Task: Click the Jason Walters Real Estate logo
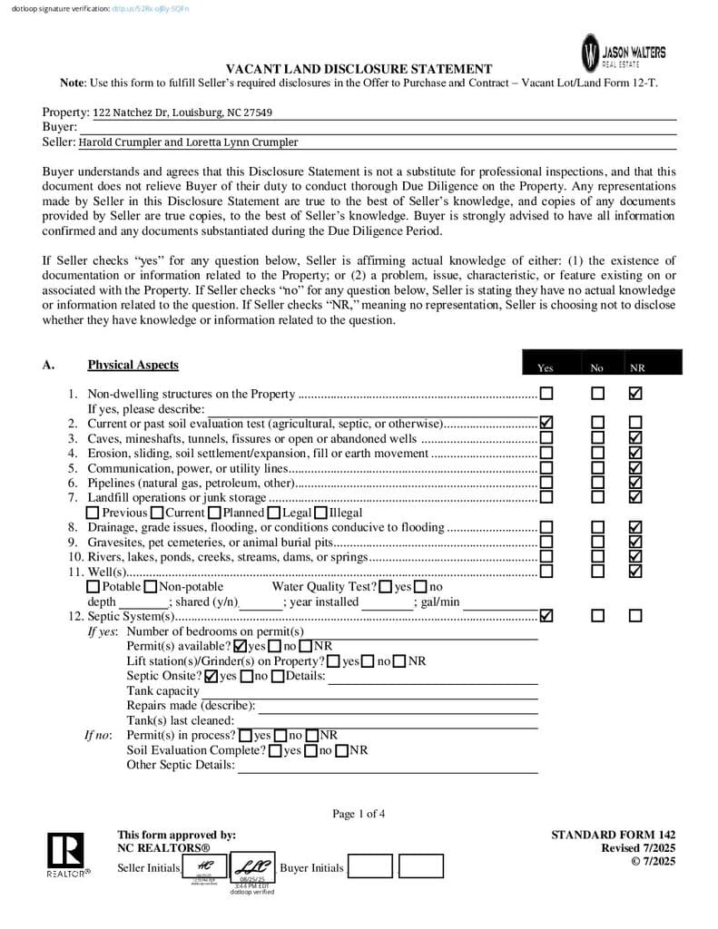click(x=624, y=52)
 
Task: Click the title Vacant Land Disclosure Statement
click(x=359, y=69)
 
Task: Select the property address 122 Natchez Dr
click(x=182, y=112)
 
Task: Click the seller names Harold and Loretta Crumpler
click(x=188, y=142)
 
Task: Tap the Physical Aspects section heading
click(x=133, y=365)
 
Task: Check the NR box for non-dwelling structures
click(x=635, y=394)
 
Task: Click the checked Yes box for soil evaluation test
click(x=546, y=423)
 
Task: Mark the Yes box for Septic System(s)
click(x=546, y=616)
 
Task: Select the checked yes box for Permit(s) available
click(x=241, y=646)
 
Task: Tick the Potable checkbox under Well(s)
click(x=93, y=587)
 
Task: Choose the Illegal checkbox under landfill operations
click(x=320, y=513)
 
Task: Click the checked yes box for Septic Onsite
click(x=211, y=676)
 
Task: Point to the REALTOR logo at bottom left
click(x=65, y=856)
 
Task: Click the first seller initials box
click(x=205, y=867)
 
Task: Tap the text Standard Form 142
click(x=613, y=835)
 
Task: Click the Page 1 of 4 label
click(x=359, y=814)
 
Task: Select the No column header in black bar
click(x=596, y=367)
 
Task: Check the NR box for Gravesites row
click(x=635, y=542)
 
